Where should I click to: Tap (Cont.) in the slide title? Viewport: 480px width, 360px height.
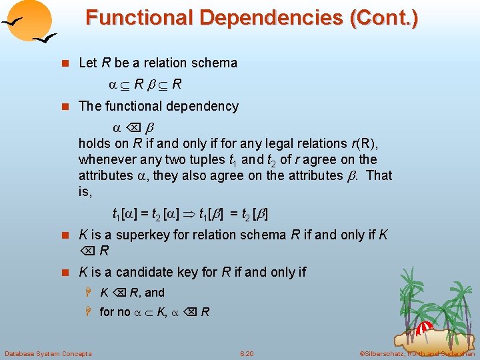(x=385, y=17)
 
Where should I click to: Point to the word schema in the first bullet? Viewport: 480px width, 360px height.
(x=215, y=63)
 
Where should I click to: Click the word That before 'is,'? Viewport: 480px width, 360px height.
(x=379, y=175)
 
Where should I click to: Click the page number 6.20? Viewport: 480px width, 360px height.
(x=247, y=353)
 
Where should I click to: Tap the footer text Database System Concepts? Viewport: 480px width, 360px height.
(x=48, y=353)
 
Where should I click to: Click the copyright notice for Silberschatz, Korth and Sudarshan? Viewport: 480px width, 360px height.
(x=417, y=353)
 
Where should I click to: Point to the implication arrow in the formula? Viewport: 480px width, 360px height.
(x=190, y=215)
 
